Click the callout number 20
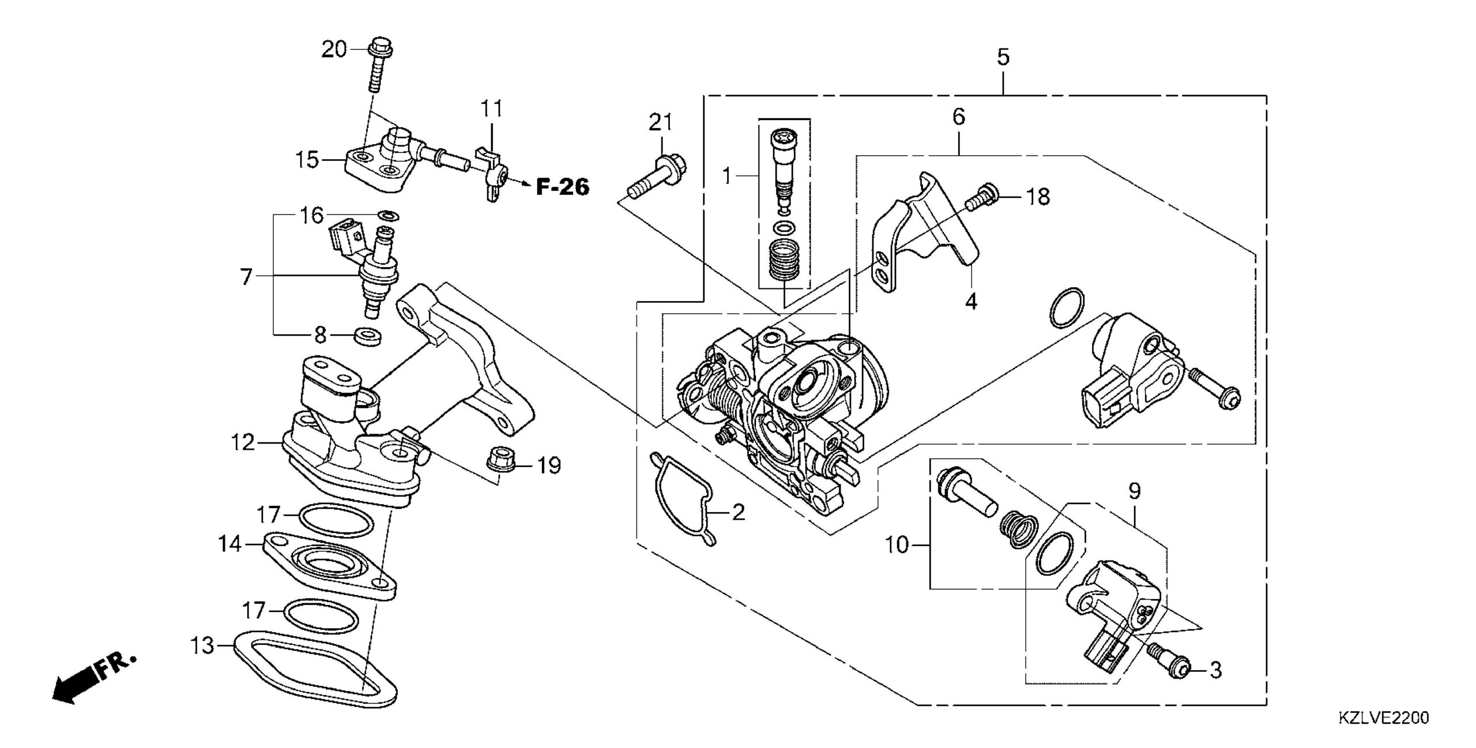[x=334, y=49]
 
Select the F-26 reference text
[x=563, y=186]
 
